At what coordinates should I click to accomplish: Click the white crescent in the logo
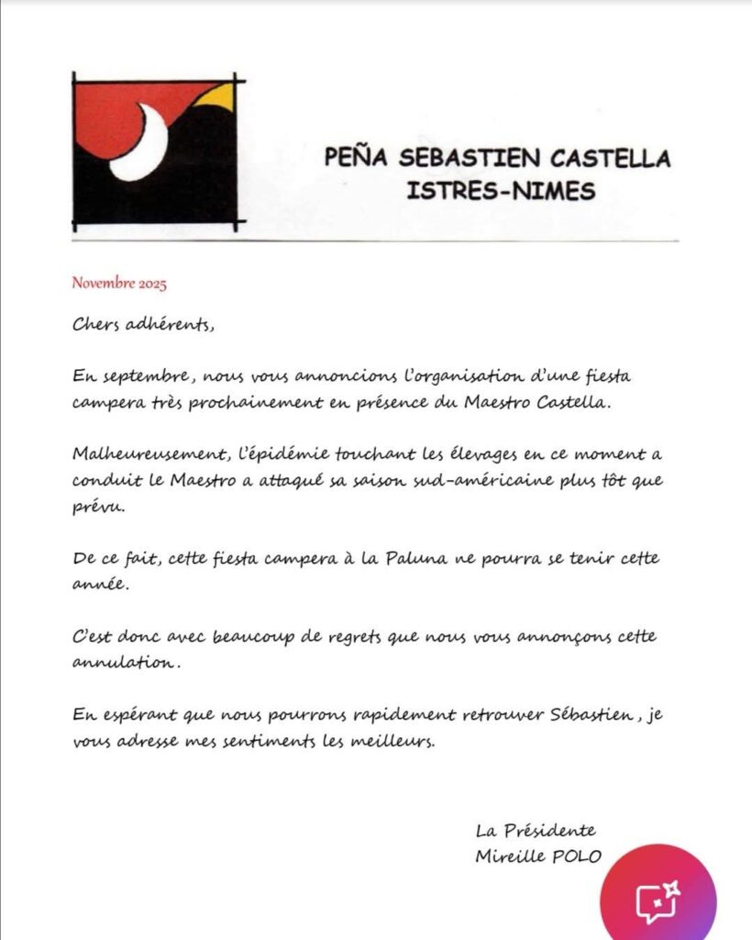[142, 145]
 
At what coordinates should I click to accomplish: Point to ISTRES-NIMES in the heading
[500, 191]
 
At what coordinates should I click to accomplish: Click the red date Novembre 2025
[119, 284]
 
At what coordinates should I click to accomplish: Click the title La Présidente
[536, 831]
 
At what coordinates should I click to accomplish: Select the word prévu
[94, 507]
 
